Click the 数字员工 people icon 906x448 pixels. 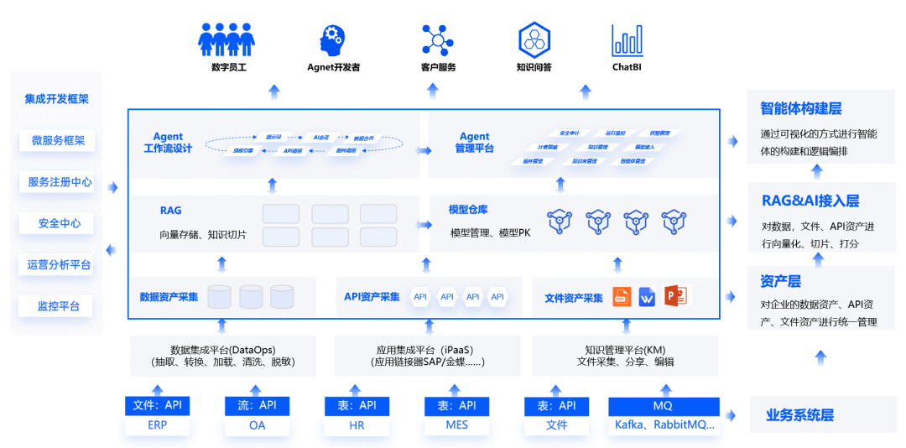coord(226,39)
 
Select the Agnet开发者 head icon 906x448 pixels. coord(332,39)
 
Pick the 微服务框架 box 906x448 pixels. coord(58,141)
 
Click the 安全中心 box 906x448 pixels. coord(58,223)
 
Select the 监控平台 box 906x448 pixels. coord(58,306)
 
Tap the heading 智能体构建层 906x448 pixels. coord(800,108)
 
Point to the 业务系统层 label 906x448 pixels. coord(799,415)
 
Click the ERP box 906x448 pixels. coord(157,425)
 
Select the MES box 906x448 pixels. coord(457,425)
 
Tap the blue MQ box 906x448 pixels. coord(664,406)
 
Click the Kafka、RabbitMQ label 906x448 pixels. coord(664,425)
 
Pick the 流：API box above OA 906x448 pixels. coord(258,406)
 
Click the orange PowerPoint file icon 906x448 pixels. coord(675,296)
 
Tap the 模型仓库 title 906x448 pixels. coord(469,209)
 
